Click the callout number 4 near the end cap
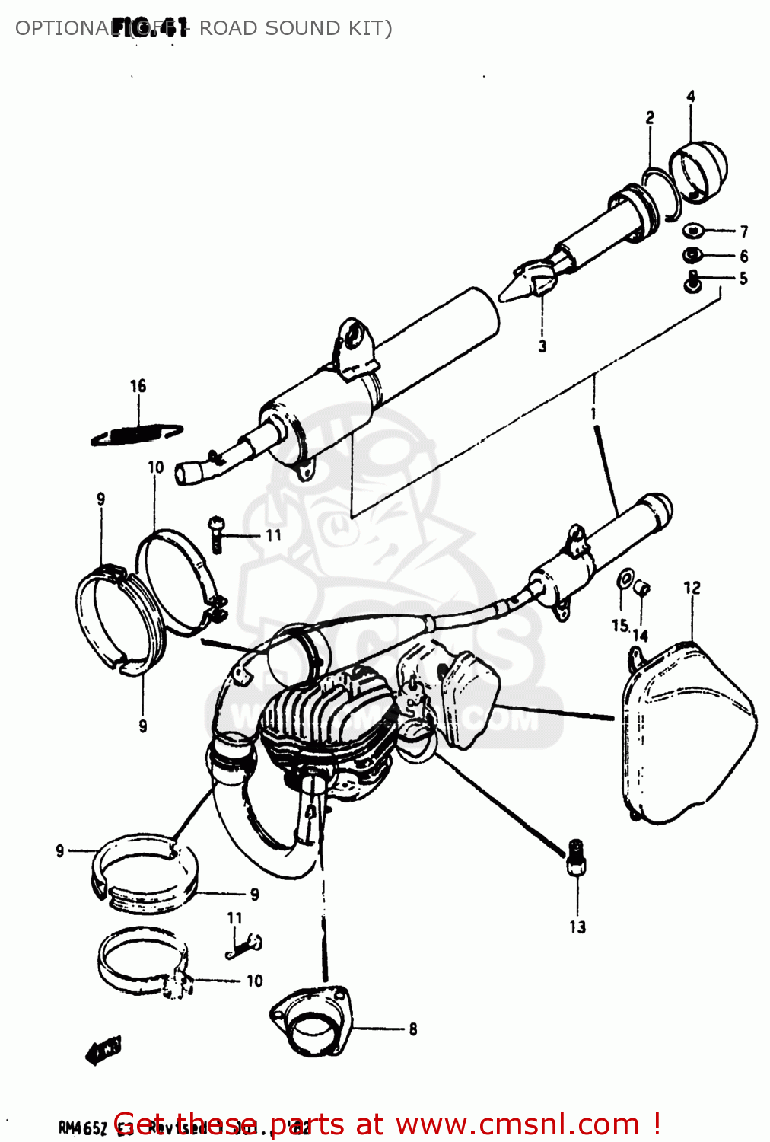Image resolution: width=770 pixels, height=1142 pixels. [x=690, y=97]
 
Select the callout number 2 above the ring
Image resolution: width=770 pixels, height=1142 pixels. [x=650, y=118]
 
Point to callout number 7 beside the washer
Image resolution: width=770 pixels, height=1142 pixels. [x=743, y=231]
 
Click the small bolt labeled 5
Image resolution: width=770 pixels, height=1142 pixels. [x=692, y=282]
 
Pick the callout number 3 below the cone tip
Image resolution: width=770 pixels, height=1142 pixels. [x=542, y=346]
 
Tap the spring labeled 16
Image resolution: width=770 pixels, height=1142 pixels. [x=137, y=434]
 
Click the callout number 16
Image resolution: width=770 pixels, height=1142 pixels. [x=138, y=386]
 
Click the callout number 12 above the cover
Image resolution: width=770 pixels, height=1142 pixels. [x=692, y=588]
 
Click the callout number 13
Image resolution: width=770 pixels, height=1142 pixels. [x=577, y=927]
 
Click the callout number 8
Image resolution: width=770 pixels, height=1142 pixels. [x=412, y=1029]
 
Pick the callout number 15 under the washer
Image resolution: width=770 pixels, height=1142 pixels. [x=620, y=625]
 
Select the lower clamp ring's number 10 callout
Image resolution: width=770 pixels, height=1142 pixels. [x=254, y=981]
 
